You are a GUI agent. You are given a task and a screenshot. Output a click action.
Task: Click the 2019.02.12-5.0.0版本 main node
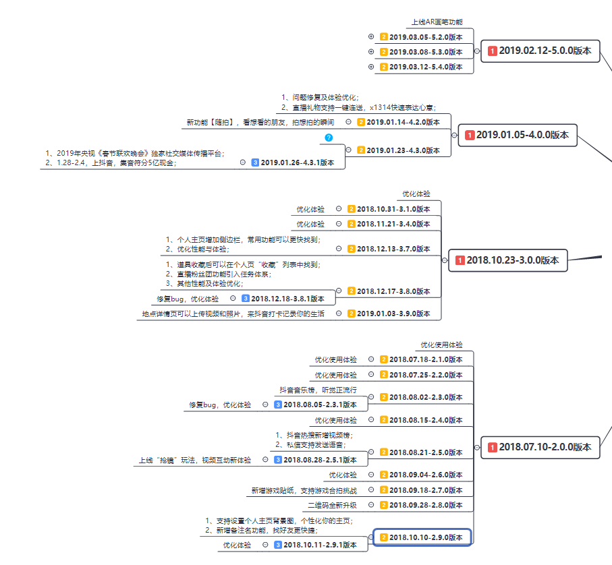tap(540, 51)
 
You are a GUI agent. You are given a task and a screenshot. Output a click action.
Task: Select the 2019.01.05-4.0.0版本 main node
tap(517, 135)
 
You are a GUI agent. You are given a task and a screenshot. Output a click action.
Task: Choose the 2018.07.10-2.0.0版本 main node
tap(540, 446)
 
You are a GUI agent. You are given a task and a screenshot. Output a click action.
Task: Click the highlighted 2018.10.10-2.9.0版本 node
tap(422, 537)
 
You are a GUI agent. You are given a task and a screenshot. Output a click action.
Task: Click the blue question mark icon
tap(329, 138)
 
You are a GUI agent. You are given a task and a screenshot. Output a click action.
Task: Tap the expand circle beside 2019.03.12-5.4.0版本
tap(371, 67)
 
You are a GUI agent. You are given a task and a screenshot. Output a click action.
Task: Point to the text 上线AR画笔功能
tap(437, 22)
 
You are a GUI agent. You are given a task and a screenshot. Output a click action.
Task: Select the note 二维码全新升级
tap(333, 505)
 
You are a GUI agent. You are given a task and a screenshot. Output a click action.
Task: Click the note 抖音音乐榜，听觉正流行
tap(318, 390)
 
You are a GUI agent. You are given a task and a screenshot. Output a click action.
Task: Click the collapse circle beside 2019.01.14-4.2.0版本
tap(348, 122)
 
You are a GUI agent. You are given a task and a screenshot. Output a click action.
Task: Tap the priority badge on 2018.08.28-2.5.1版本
tap(278, 460)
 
